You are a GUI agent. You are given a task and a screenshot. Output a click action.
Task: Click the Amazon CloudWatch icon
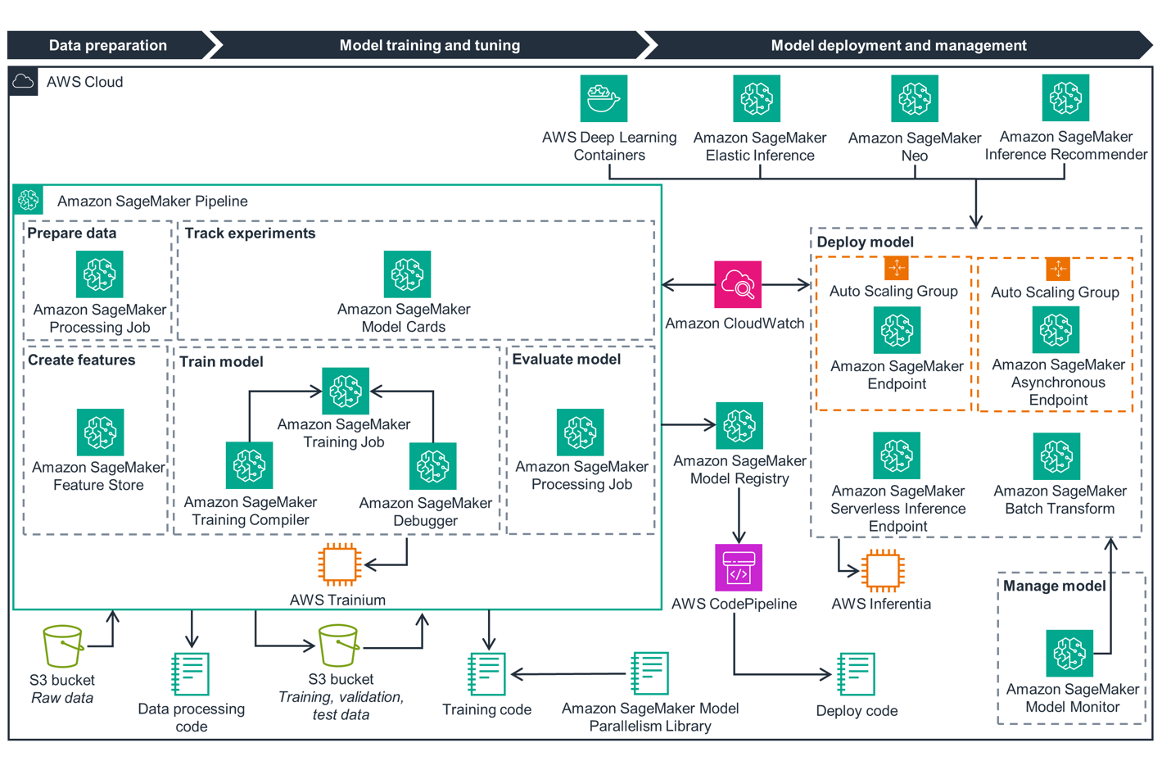coord(738,284)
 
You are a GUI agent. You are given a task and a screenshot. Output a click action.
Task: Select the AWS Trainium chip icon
coord(339,564)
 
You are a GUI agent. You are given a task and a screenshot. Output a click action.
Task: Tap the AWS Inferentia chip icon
coord(882,570)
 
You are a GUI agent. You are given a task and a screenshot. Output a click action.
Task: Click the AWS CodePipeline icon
coord(739,568)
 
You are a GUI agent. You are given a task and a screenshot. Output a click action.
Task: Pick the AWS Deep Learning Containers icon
coord(604,98)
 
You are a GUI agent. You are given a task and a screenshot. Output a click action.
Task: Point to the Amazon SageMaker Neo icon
coord(915,98)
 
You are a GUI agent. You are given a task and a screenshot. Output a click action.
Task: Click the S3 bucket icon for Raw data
coord(62,646)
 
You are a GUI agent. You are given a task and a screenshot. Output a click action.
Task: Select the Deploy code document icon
coord(857,674)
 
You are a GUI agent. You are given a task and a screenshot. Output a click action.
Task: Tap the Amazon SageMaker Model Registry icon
coord(739,425)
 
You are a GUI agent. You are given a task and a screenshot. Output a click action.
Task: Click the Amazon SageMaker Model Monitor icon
coord(1069,653)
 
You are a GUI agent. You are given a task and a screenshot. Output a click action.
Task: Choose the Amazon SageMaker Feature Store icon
coord(100,432)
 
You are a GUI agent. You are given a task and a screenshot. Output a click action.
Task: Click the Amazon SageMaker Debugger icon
coord(433,466)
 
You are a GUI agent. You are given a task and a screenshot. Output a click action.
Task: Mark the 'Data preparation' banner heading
coord(108,46)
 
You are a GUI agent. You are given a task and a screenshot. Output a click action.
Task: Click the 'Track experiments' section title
coord(250,233)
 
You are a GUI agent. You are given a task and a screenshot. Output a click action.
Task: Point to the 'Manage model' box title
coord(1054,586)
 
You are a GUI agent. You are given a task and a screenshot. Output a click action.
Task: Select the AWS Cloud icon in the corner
coord(23,82)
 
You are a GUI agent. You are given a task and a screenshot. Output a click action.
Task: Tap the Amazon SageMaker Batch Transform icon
coord(1057,456)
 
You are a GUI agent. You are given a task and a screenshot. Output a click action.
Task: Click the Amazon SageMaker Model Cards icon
coord(407,274)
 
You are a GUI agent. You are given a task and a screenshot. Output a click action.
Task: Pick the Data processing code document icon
coord(191,674)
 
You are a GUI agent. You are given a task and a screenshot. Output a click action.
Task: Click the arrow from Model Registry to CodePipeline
coord(739,516)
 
